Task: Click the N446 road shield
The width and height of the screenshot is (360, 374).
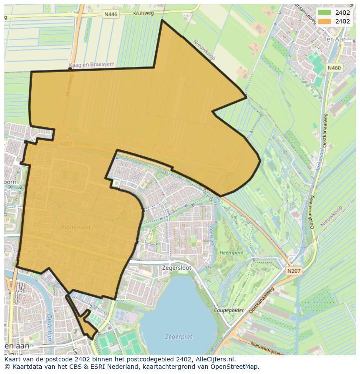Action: (x=111, y=14)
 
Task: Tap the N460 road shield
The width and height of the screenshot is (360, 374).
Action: (x=334, y=68)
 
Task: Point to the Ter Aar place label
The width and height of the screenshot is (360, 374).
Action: (x=334, y=39)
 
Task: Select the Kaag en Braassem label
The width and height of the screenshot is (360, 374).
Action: (x=91, y=65)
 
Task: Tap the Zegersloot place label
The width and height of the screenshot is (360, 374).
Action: (x=176, y=268)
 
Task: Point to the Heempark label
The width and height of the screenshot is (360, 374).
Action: (x=231, y=252)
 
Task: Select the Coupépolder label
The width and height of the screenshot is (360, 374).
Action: (x=229, y=311)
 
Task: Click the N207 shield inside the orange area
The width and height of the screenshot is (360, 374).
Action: (x=66, y=144)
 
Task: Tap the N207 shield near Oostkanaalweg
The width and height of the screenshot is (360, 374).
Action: (x=293, y=271)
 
